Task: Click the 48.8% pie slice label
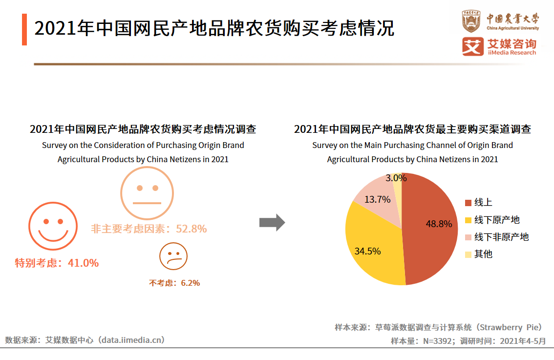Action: [439, 224]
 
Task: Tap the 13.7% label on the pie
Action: [377, 199]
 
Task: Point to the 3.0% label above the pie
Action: [396, 178]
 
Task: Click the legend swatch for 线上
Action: [468, 203]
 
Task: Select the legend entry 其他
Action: [483, 254]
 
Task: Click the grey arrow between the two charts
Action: [272, 222]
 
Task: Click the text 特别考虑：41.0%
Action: [57, 263]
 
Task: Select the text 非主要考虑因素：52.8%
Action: [149, 229]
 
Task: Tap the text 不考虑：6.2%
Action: [174, 283]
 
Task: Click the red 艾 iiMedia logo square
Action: [472, 46]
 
